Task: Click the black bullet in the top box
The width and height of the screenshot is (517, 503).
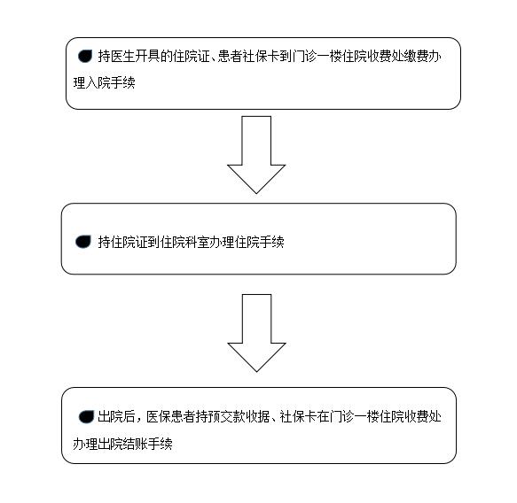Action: point(85,57)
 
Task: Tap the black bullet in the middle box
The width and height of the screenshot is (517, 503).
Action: point(82,242)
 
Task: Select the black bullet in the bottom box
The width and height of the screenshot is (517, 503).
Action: point(86,417)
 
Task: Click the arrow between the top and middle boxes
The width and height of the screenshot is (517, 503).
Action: point(256,155)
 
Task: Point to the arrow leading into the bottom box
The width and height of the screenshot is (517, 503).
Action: point(256,333)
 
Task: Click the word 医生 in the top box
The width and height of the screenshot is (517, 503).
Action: point(122,57)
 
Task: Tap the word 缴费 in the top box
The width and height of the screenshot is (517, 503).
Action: point(417,57)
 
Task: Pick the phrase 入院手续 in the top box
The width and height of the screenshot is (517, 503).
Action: point(110,82)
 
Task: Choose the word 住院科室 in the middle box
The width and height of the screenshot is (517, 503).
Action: point(185,243)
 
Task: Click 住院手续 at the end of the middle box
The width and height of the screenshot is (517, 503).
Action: point(260,243)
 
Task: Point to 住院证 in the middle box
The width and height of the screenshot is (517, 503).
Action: point(129,243)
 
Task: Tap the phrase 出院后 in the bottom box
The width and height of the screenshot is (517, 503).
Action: point(116,417)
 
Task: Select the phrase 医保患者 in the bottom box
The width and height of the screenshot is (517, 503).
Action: point(171,417)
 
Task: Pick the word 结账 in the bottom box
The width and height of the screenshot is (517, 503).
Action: point(135,444)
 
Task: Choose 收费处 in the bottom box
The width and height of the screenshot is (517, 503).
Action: point(423,417)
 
